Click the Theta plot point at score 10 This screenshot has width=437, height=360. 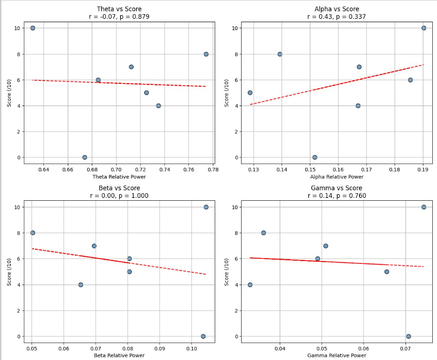[32, 28]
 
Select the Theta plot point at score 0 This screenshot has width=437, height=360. [85, 157]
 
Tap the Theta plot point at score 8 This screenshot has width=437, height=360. [206, 54]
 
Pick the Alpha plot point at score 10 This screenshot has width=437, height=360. [424, 28]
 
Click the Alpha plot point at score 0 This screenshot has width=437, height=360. [315, 157]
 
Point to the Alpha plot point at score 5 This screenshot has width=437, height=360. [250, 93]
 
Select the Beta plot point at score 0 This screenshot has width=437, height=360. [203, 336]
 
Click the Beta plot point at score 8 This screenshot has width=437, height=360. [32, 233]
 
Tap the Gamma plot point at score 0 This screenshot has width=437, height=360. [408, 336]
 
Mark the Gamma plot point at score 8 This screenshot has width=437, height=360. [263, 233]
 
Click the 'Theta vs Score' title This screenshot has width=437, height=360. [119, 9]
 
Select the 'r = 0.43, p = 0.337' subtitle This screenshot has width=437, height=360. [337, 17]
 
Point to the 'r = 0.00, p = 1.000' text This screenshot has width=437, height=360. [119, 196]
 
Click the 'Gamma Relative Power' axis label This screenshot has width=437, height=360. [337, 355]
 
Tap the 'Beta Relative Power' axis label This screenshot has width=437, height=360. [119, 355]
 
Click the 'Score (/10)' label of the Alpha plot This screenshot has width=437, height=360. [227, 93]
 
